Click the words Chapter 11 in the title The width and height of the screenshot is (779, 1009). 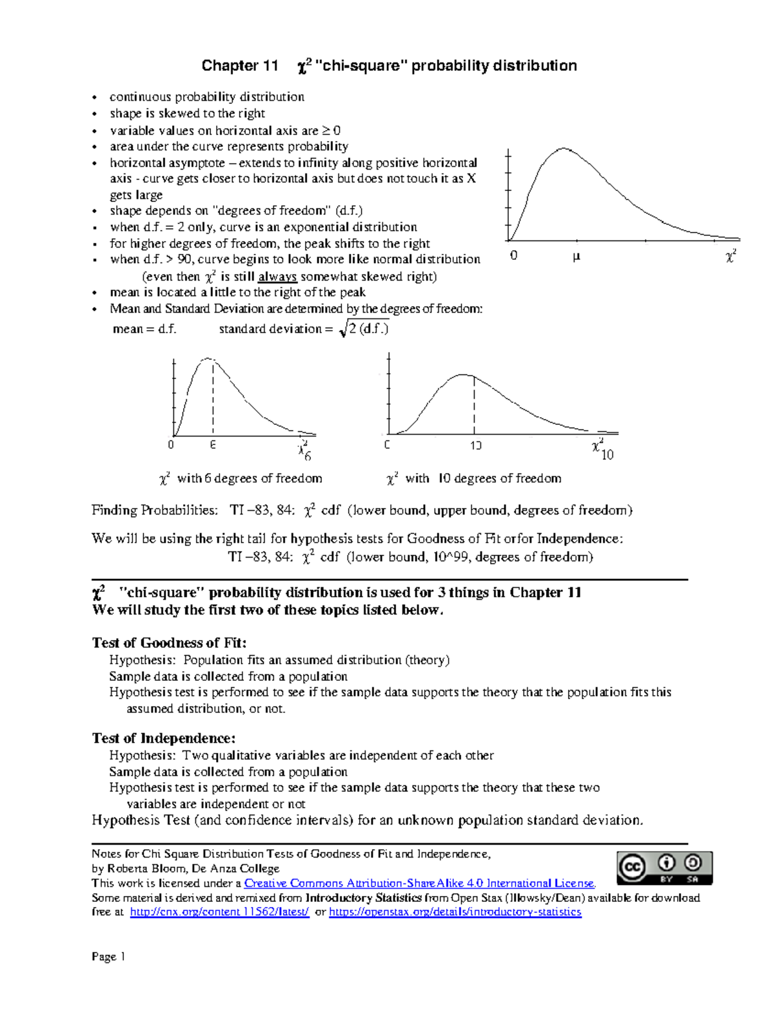240,66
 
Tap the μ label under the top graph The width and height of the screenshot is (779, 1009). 575,257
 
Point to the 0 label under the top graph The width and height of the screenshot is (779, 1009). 513,256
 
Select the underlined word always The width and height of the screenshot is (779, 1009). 277,277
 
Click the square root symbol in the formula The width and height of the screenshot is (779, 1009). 343,329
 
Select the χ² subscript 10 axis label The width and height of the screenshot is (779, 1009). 602,450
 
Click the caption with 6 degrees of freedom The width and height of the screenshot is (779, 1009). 241,479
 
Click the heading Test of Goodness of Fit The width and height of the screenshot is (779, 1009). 169,643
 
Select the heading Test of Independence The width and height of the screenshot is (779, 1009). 164,739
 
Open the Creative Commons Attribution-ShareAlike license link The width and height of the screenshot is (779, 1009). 419,884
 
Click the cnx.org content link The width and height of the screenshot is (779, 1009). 219,912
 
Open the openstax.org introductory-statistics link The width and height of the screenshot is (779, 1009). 455,912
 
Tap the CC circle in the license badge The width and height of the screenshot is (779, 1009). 632,867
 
